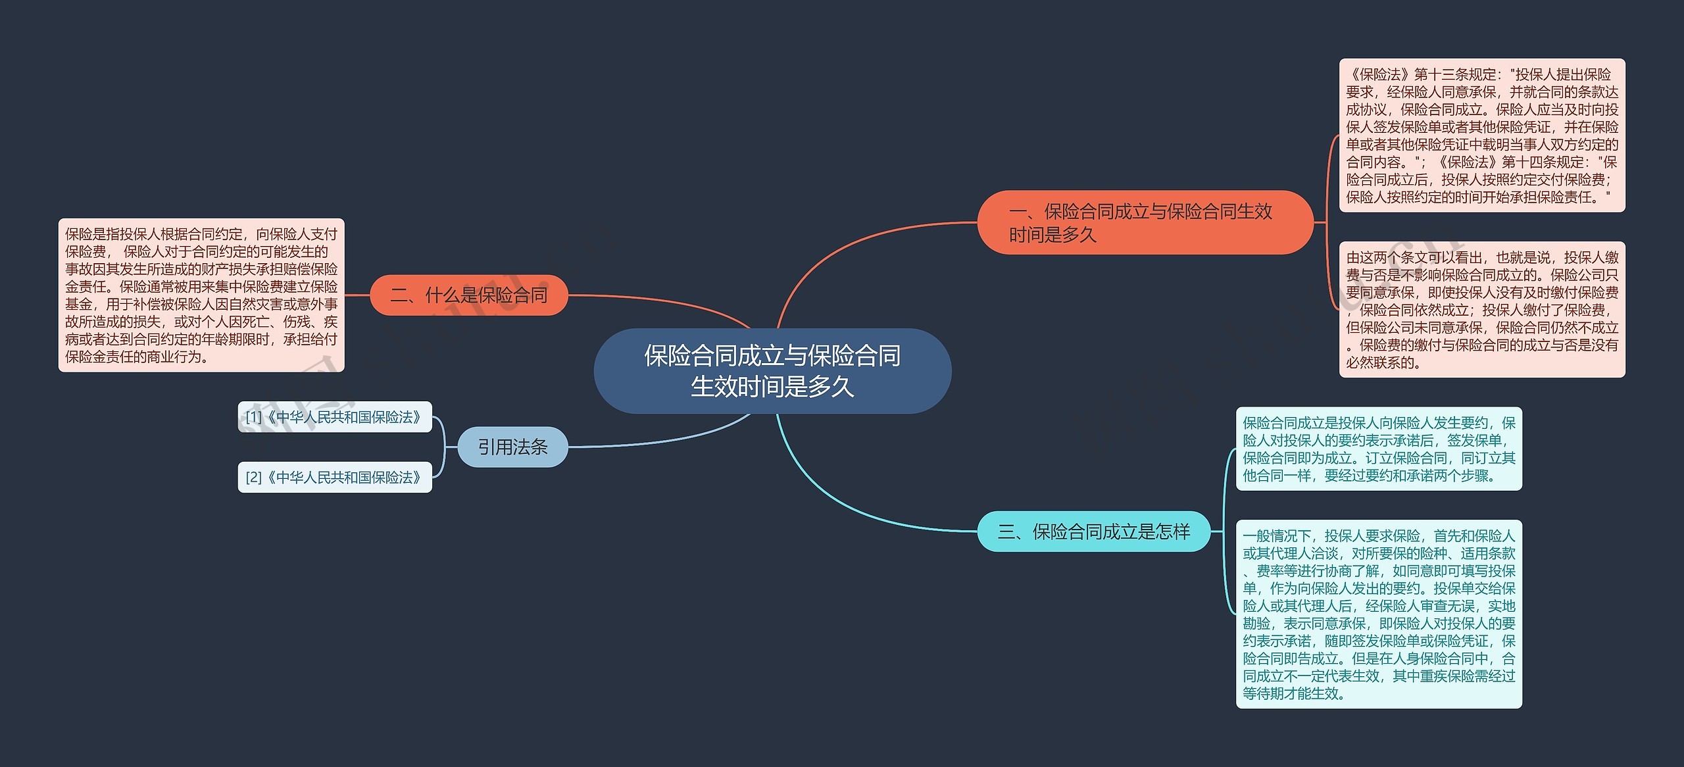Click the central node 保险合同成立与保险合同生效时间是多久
[x=772, y=371]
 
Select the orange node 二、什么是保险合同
[x=468, y=295]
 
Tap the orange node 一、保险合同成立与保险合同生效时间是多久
[x=1145, y=222]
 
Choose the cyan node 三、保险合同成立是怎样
[x=1093, y=532]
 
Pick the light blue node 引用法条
[x=512, y=447]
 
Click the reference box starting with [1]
[x=334, y=417]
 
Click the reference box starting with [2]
[x=334, y=478]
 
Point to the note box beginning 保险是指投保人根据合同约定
[x=201, y=295]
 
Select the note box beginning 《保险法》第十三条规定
[x=1481, y=136]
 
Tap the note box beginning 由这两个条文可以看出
[x=1481, y=310]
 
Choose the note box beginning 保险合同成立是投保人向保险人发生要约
[x=1379, y=449]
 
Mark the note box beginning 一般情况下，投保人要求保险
[x=1379, y=614]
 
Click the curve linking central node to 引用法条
[x=664, y=439]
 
